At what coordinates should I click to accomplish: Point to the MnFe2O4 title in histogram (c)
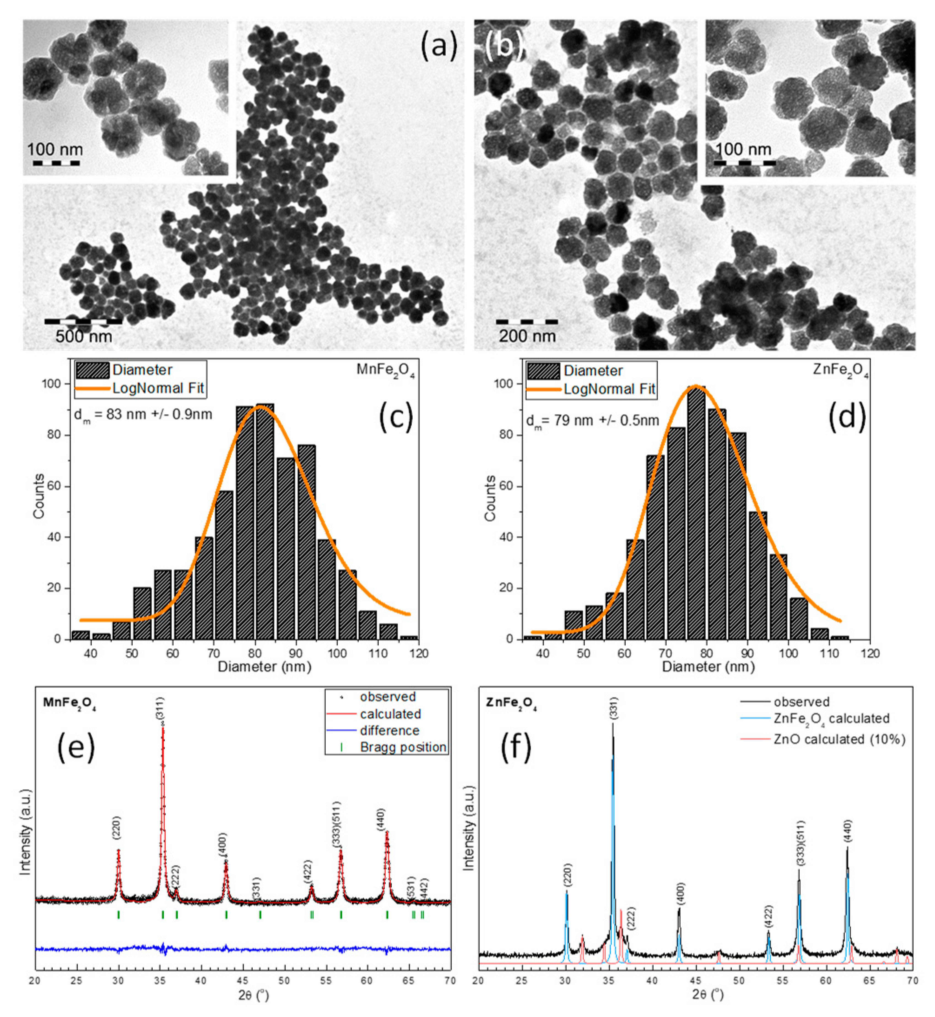coord(386,370)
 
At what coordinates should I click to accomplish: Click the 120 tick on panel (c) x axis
coord(419,653)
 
